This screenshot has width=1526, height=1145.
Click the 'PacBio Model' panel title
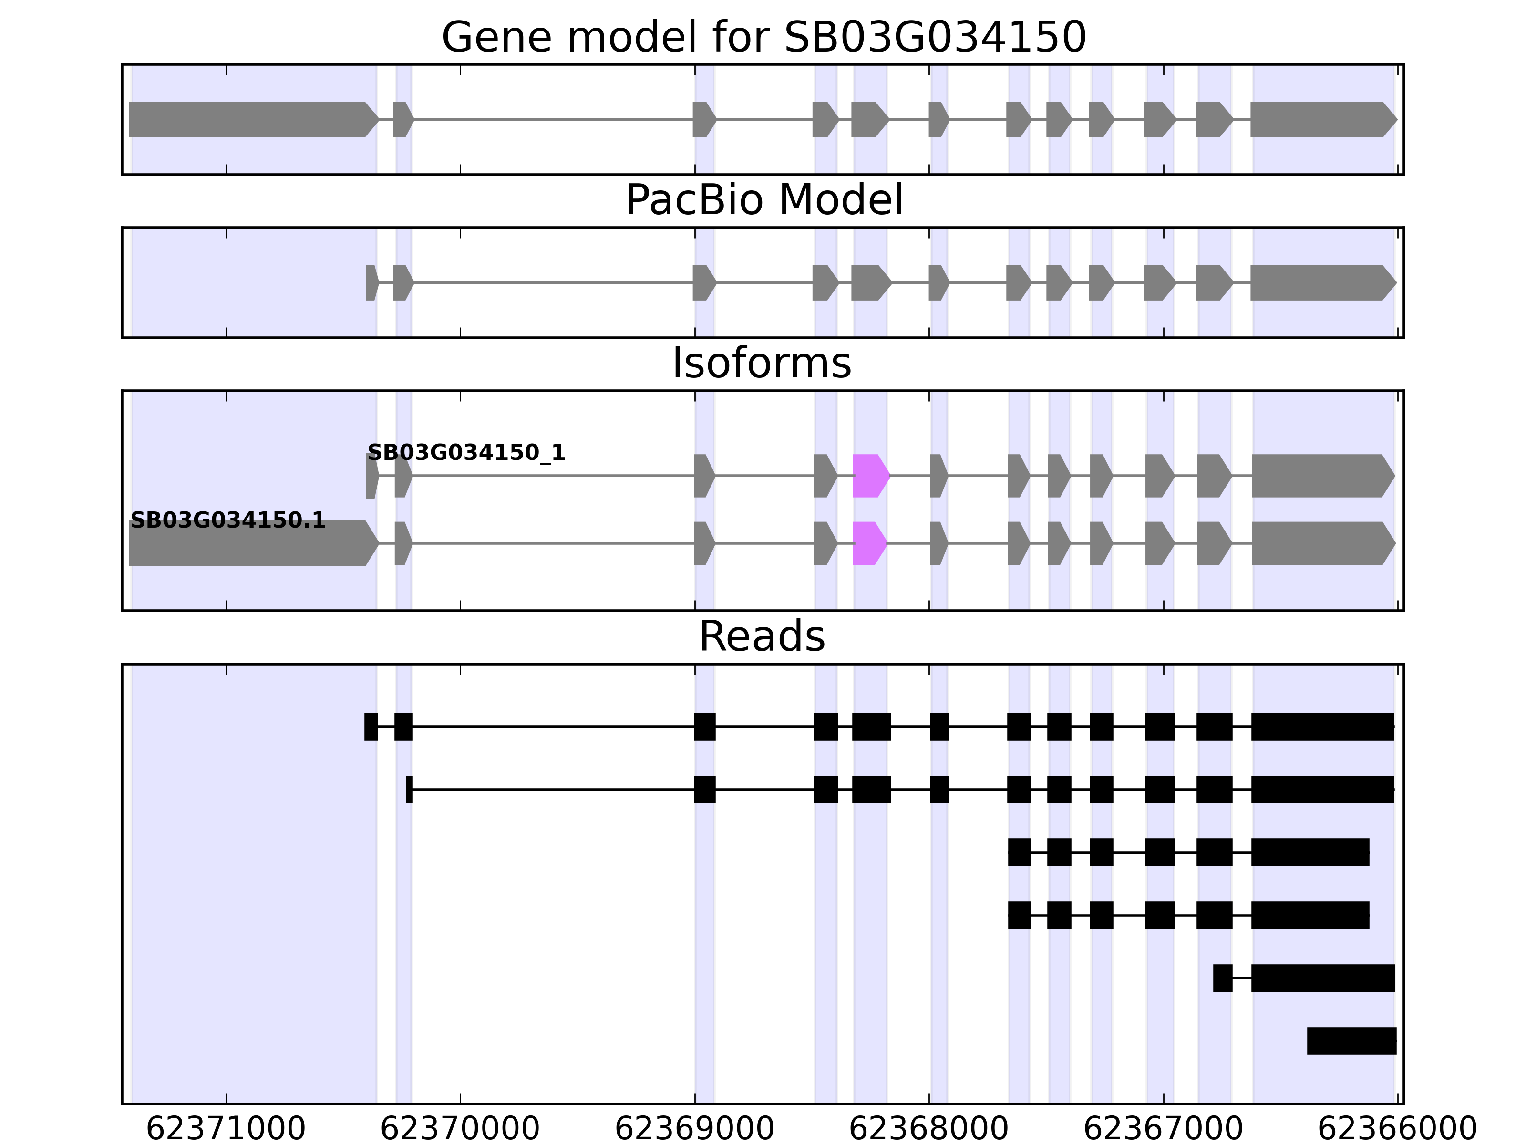[763, 200]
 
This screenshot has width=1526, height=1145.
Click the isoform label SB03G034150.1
[227, 520]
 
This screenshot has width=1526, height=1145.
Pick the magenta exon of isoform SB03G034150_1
[870, 476]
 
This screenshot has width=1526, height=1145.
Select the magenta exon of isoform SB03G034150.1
[868, 543]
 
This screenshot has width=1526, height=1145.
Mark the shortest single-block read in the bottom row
[1351, 1041]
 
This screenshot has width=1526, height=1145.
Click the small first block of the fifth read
[1222, 978]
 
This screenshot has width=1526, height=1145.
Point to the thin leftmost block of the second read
[409, 789]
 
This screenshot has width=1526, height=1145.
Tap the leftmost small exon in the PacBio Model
[371, 282]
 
